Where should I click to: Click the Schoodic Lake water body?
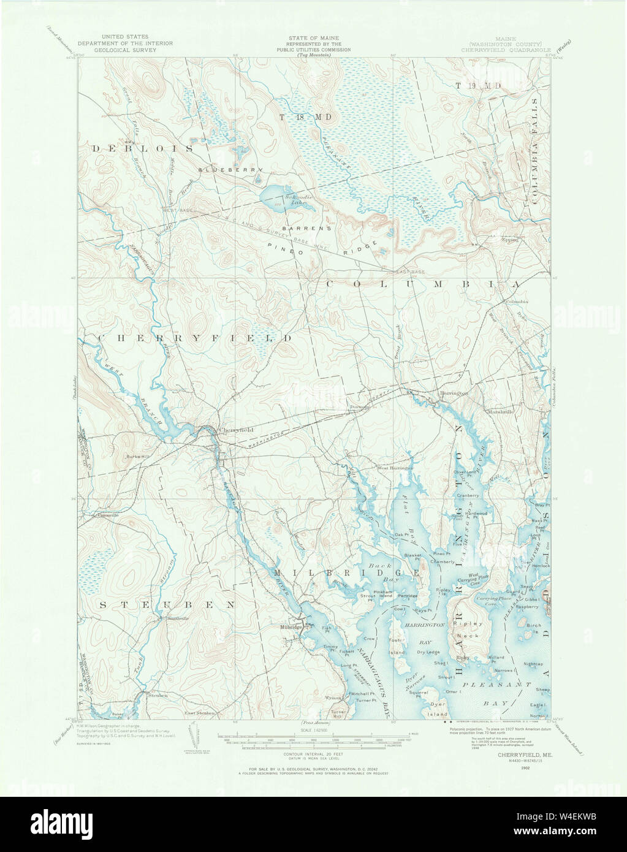coord(276,197)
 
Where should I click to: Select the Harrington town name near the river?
coord(454,393)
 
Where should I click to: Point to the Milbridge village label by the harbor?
coord(291,627)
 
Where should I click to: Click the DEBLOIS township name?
coord(143,149)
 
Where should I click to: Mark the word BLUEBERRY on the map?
coord(231,169)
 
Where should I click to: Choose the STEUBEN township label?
coord(165,604)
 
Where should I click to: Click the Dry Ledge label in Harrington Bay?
coord(428,652)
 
